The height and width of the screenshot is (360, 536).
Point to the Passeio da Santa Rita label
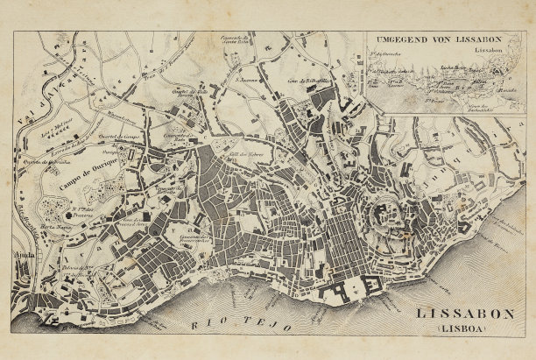pos(236,41)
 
